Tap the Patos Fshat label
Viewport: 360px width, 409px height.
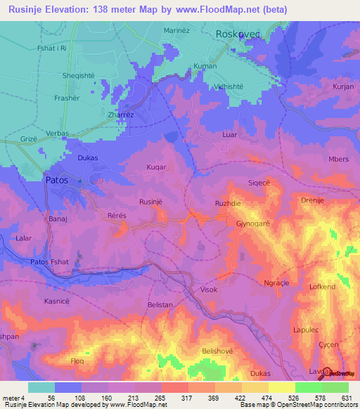pos(51,262)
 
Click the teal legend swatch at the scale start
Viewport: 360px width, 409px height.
pos(41,387)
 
